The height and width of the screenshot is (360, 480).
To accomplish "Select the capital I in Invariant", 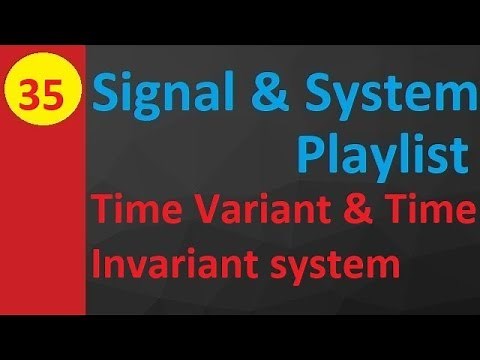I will click(98, 266).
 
